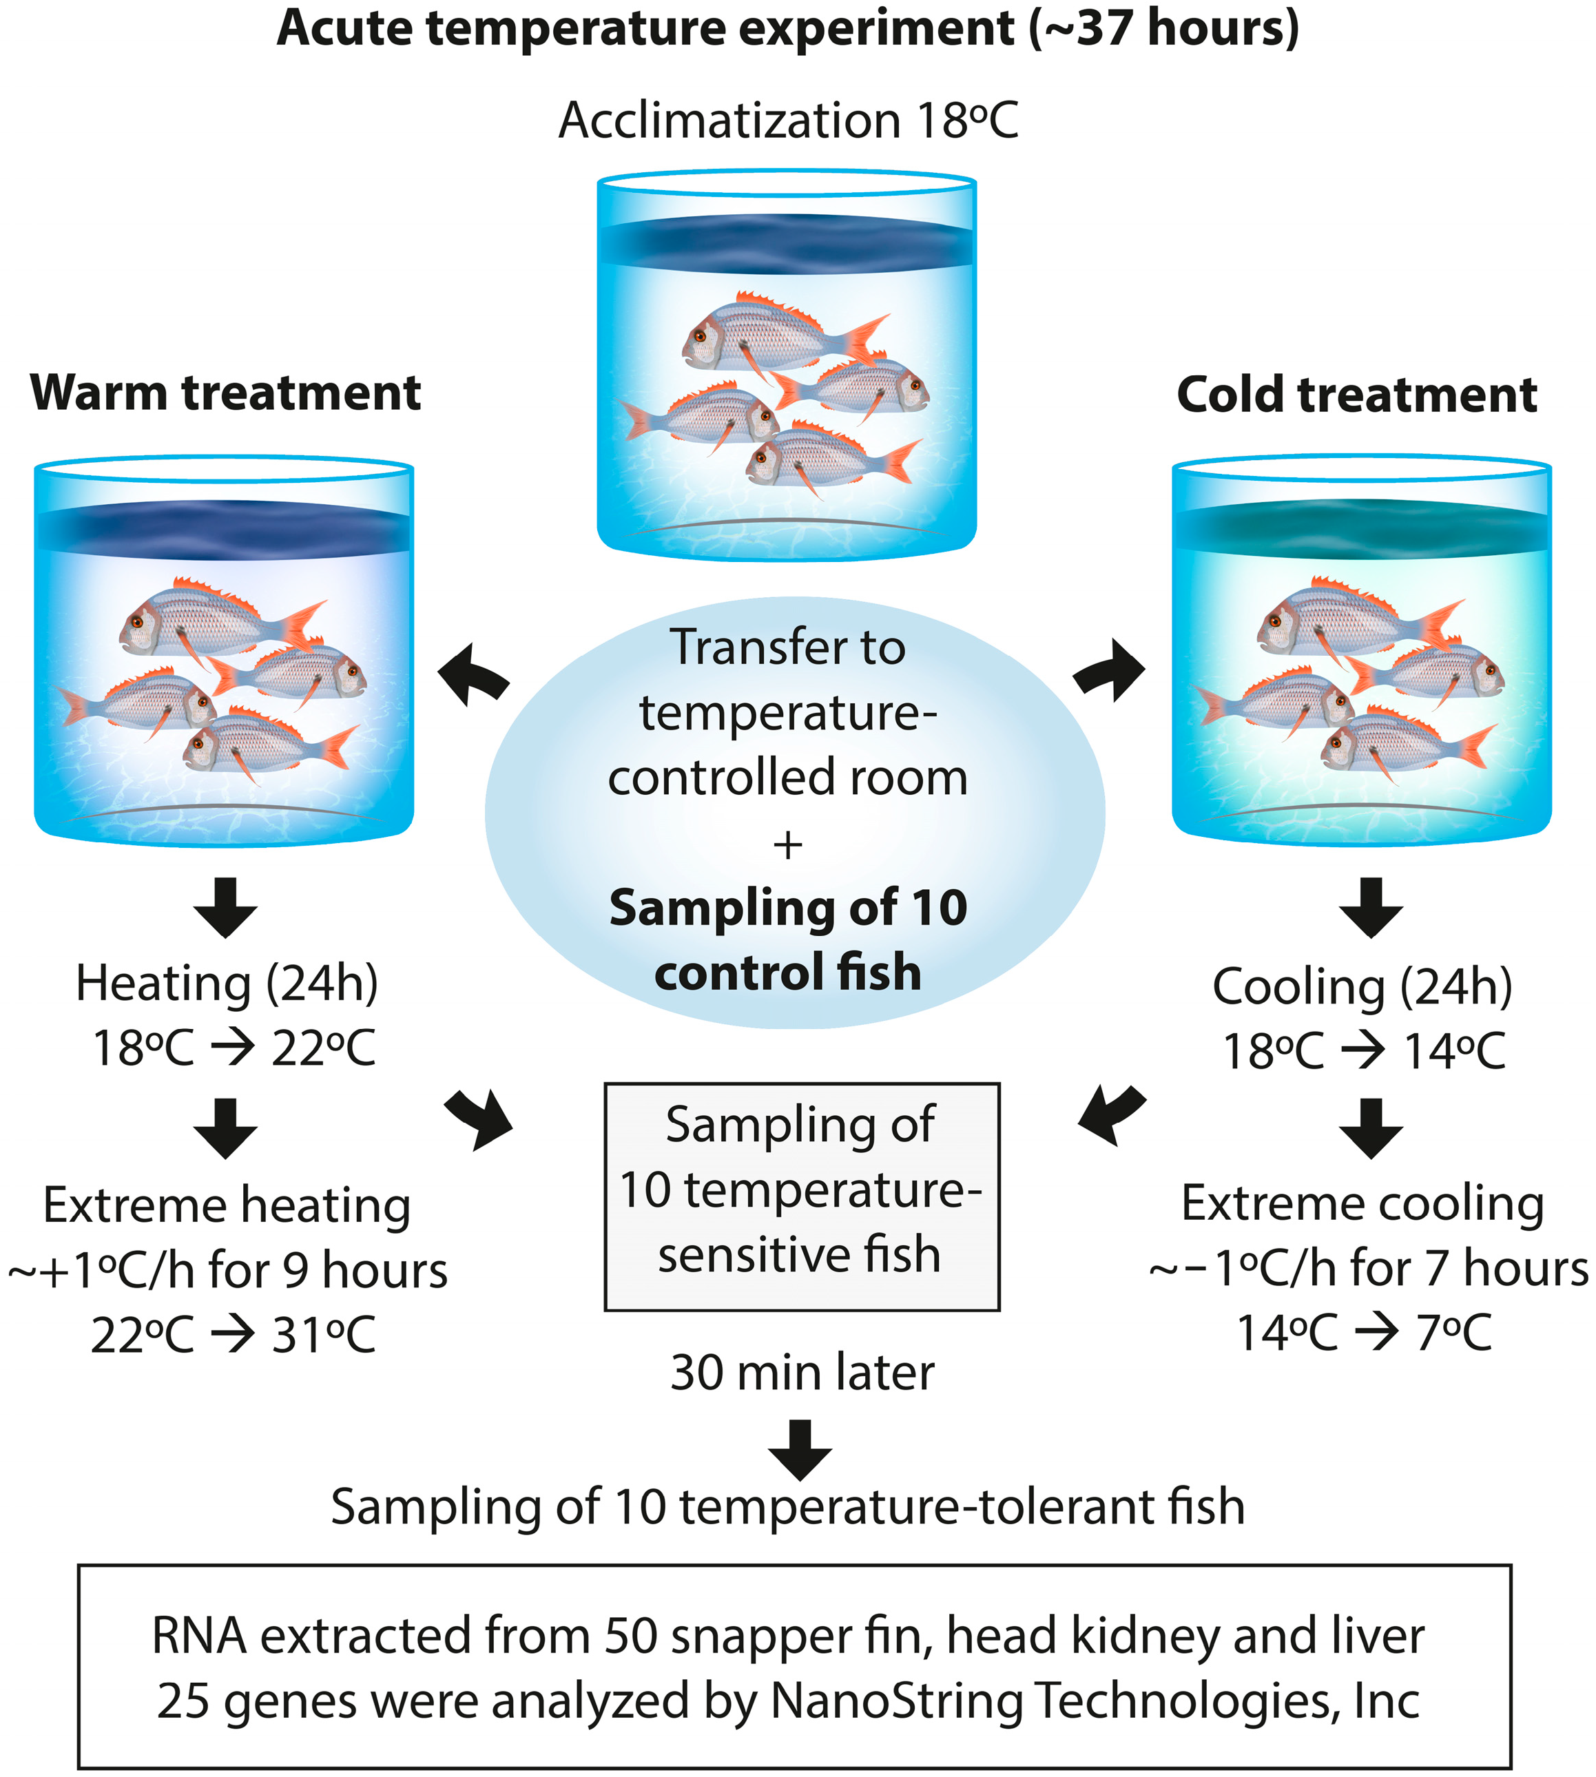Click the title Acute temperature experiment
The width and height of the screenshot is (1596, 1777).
click(x=787, y=30)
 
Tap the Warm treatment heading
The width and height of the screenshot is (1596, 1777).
click(x=225, y=393)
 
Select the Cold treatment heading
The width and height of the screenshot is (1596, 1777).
click(x=1356, y=395)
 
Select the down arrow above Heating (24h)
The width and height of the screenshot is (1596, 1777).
click(x=225, y=906)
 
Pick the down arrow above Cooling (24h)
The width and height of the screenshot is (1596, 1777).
click(x=1371, y=906)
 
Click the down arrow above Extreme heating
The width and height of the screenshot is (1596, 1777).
click(x=225, y=1127)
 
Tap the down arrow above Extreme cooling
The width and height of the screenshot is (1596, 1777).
click(x=1371, y=1127)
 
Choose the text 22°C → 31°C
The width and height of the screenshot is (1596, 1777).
click(x=234, y=1336)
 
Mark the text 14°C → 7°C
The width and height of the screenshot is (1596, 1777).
click(x=1364, y=1333)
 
